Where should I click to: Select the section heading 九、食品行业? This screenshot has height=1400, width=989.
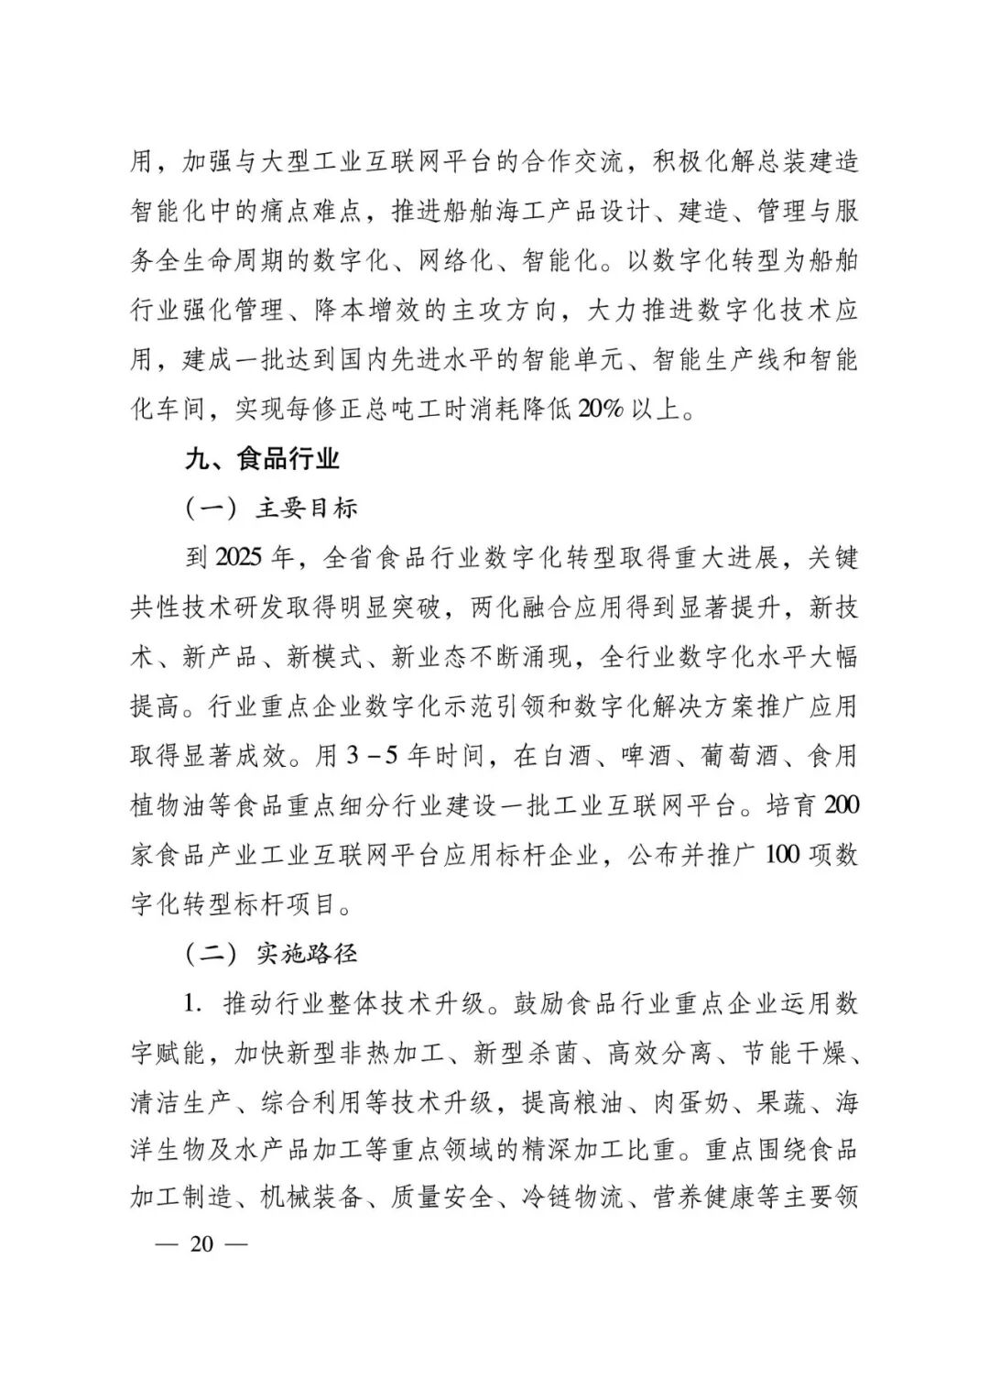click(262, 458)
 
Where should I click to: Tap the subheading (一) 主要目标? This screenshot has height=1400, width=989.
click(272, 508)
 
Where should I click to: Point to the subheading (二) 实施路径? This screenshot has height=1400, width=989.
click(272, 954)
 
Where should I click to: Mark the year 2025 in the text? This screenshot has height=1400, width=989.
click(241, 557)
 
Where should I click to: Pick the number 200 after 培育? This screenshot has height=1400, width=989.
click(841, 804)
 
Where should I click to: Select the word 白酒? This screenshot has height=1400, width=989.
click(568, 756)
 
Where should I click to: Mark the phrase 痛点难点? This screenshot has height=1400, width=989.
click(313, 211)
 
